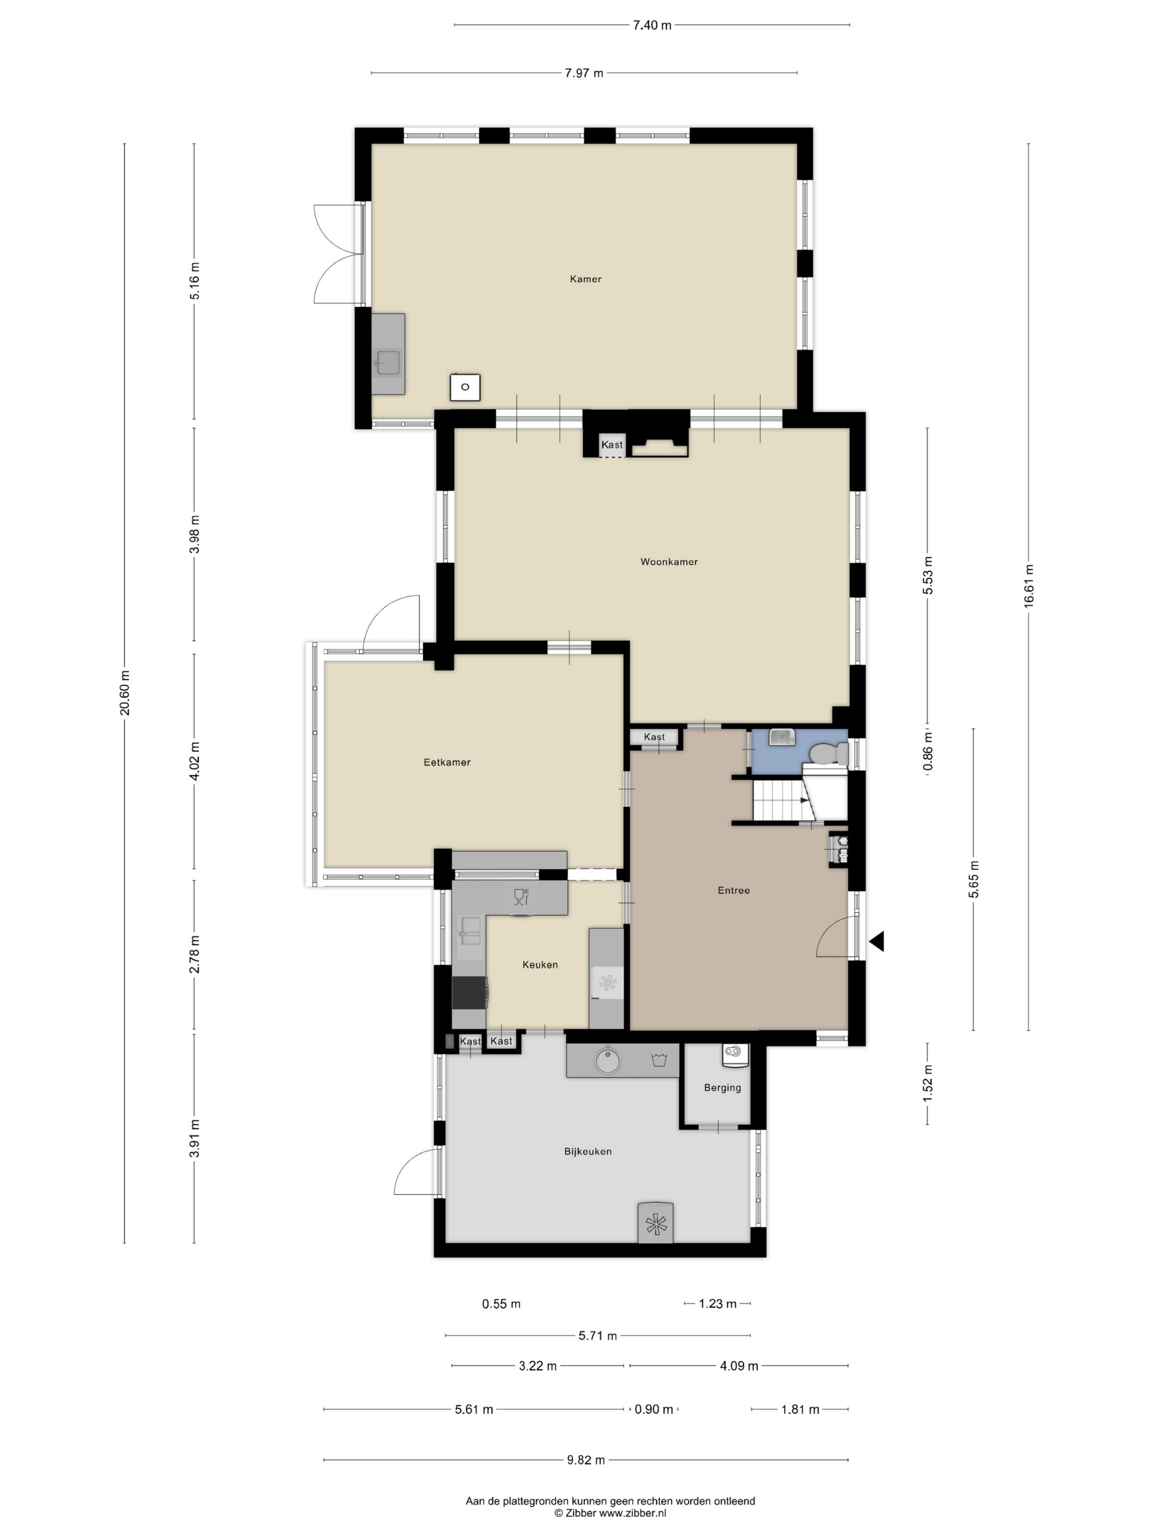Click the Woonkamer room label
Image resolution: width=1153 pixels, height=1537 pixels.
[x=669, y=562]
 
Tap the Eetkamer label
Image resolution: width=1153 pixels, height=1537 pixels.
[x=447, y=762]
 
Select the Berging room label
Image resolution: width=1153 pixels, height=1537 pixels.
[x=722, y=1087]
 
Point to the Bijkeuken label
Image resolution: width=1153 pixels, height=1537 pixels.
[x=587, y=1151]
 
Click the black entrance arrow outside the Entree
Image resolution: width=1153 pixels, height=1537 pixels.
[x=876, y=941]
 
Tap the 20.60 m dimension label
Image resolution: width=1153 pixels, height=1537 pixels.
[x=125, y=693]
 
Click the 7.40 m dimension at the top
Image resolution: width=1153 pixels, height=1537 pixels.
[x=652, y=26]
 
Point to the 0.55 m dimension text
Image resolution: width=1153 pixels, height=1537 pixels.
[x=501, y=1304]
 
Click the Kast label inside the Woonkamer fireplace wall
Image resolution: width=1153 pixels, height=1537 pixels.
[x=612, y=445]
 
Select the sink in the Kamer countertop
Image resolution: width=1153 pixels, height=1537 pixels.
[x=388, y=362]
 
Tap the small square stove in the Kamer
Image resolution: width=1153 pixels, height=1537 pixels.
[x=465, y=387]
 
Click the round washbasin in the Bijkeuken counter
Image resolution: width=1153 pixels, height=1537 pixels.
[x=608, y=1061]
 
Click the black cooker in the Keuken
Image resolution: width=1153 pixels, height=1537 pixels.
[x=469, y=992]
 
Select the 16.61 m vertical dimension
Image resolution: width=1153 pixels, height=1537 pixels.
[x=1028, y=586]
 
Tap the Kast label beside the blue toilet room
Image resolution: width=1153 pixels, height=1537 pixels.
[x=654, y=737]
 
